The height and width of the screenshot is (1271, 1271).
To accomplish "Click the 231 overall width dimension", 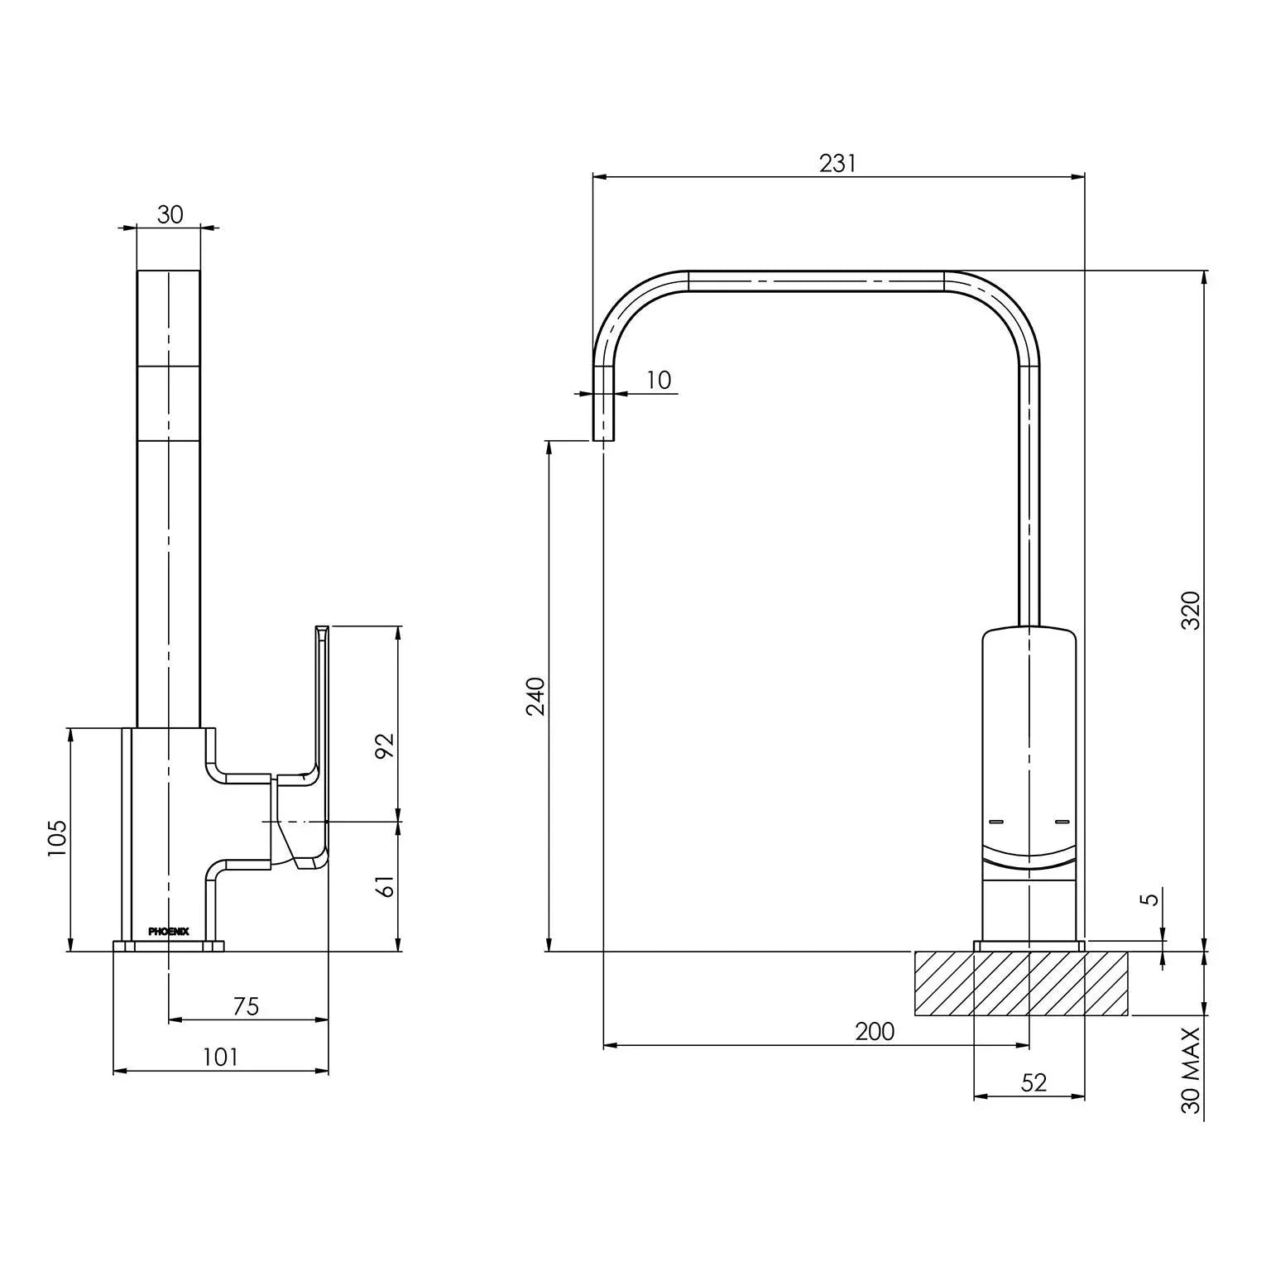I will (837, 163).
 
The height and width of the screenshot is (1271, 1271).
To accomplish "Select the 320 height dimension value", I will (1190, 611).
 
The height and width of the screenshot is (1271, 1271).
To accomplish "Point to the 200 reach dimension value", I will (875, 1031).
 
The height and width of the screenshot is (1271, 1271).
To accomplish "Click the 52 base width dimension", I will (1034, 1082).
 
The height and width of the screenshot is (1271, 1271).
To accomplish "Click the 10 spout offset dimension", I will (658, 380).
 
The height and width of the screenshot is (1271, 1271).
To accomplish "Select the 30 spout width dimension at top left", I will (169, 214).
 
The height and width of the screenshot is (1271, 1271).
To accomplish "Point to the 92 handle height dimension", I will (385, 746).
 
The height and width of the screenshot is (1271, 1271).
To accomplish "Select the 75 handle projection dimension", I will (246, 1006).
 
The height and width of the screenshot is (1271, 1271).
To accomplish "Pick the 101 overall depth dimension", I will (220, 1057).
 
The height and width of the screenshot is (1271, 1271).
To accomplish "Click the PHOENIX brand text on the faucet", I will (168, 931).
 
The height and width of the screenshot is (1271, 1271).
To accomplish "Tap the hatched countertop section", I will (1021, 983).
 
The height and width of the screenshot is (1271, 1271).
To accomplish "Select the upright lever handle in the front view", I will (321, 703).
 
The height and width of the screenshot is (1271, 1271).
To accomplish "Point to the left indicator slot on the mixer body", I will (995, 822).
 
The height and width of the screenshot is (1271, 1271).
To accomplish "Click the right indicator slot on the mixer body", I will (1062, 822).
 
